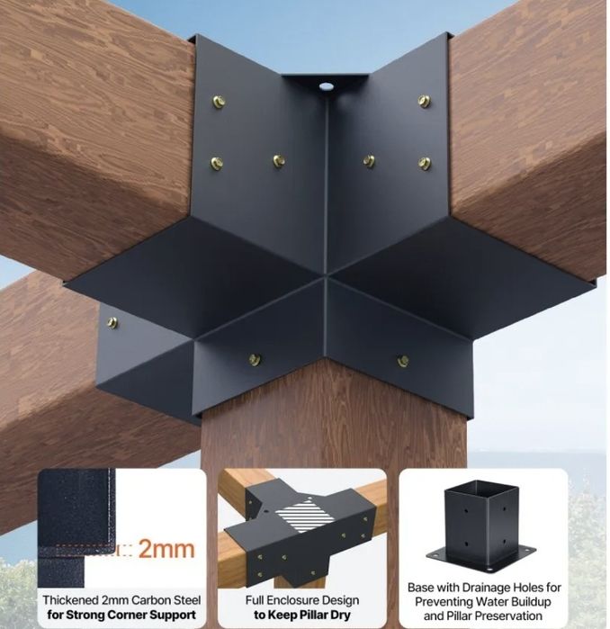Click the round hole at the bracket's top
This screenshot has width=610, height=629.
click(326, 85)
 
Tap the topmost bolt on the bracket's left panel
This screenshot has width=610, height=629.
click(219, 102)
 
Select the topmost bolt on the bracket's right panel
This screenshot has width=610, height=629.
click(424, 101)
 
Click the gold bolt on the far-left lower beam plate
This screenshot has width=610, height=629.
click(112, 322)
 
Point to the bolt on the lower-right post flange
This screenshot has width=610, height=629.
click(403, 361)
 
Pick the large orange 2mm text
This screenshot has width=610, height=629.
click(166, 549)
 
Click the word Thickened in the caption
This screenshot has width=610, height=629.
click(70, 600)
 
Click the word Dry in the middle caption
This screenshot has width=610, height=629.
click(340, 615)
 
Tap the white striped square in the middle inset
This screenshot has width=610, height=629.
click(305, 516)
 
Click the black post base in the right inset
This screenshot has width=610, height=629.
click(481, 526)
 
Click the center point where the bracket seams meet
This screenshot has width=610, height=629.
click(326, 276)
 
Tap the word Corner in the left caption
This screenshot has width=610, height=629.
click(127, 615)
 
